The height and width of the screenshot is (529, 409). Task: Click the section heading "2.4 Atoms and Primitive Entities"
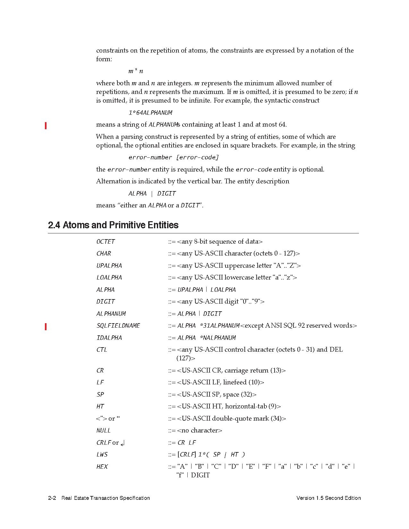point(113,225)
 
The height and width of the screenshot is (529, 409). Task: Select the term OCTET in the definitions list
point(106,242)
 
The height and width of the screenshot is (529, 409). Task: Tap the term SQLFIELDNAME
point(118,326)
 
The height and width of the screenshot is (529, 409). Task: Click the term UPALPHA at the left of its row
point(109,266)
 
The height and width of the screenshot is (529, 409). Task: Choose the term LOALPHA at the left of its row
point(109,278)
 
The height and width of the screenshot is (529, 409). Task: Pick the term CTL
point(102,350)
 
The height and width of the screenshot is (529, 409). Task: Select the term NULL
point(103,431)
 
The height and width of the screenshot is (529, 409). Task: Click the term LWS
point(102,455)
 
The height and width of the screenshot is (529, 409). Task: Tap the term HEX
point(102,467)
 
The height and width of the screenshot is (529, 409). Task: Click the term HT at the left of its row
point(100,407)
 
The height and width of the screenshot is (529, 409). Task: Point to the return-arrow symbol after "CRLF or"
point(123,443)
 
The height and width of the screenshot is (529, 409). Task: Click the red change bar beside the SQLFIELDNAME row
point(46,327)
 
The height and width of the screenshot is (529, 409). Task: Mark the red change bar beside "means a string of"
point(46,126)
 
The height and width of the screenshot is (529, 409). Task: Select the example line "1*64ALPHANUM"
point(150,113)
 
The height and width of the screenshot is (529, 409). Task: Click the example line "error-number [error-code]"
point(174,157)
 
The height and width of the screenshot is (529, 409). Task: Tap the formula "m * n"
point(136,71)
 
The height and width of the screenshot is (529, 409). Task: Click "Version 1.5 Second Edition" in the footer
point(328,498)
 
